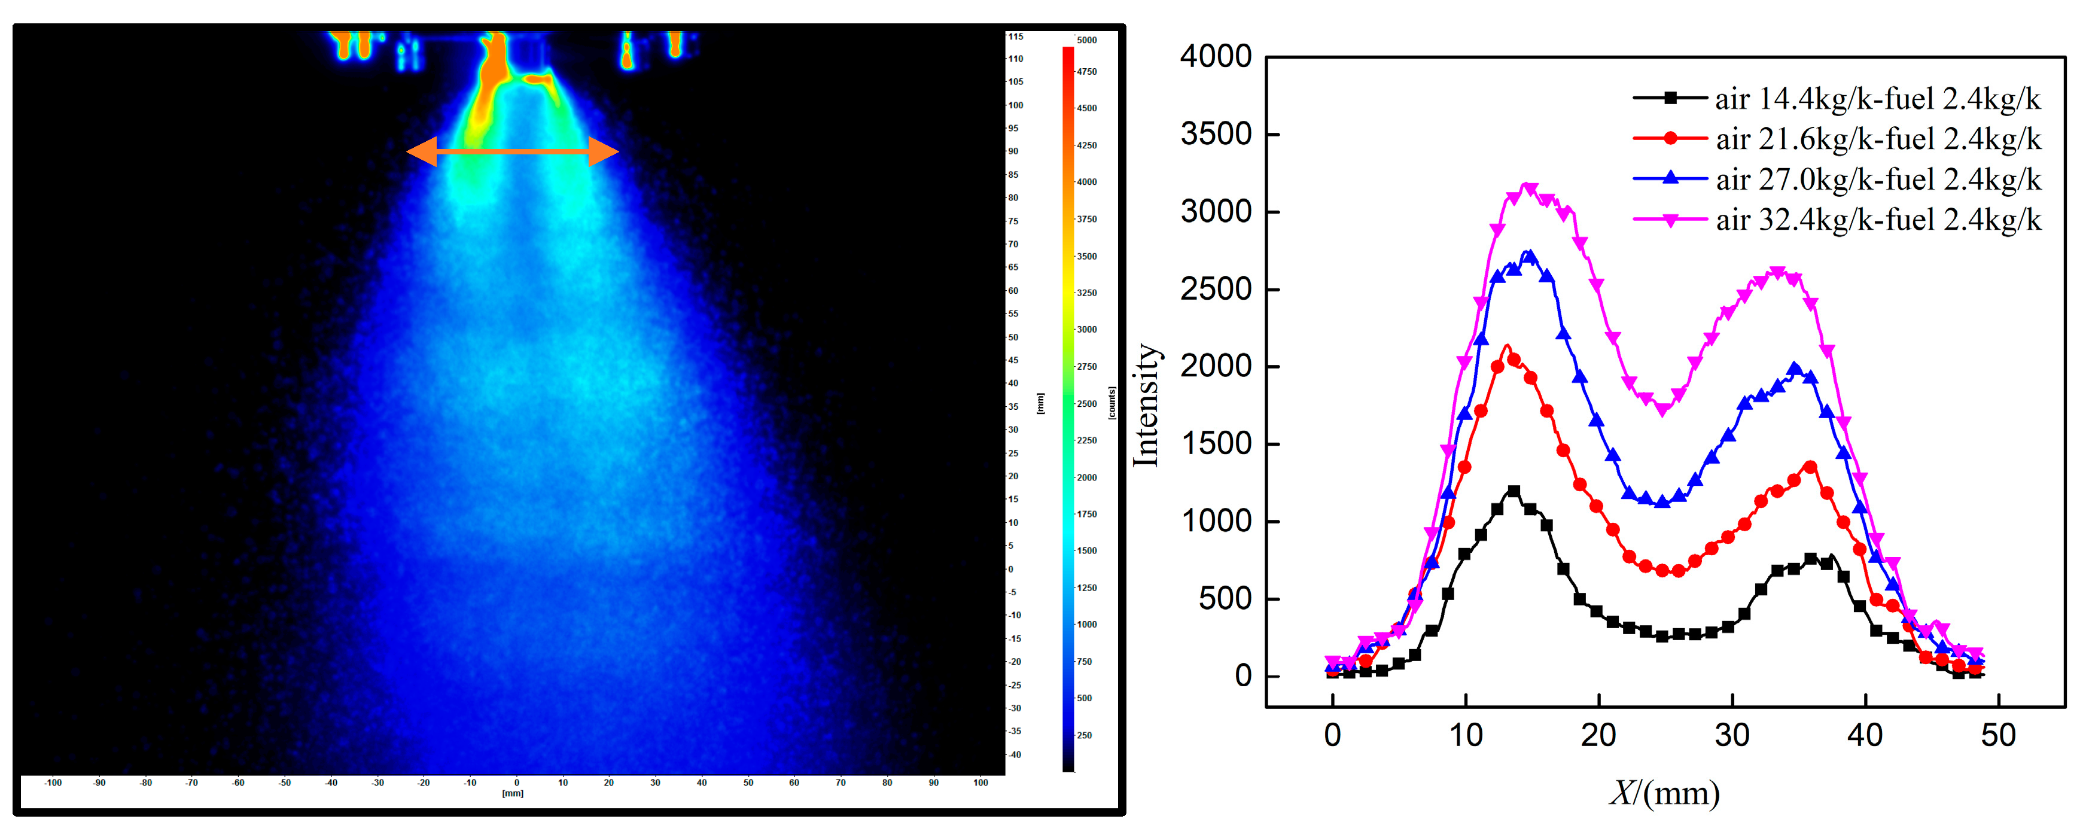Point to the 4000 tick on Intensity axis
1216,57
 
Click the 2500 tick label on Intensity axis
1216,289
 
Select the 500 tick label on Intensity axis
1225,598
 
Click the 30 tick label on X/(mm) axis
1731,735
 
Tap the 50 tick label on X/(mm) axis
1997,735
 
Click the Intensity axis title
1146,405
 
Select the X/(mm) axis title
1664,793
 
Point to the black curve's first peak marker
1513,491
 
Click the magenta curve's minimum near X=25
1662,410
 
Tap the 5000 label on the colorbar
1087,39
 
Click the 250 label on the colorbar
1085,735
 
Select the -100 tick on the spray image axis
53,783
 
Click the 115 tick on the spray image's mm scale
1015,36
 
